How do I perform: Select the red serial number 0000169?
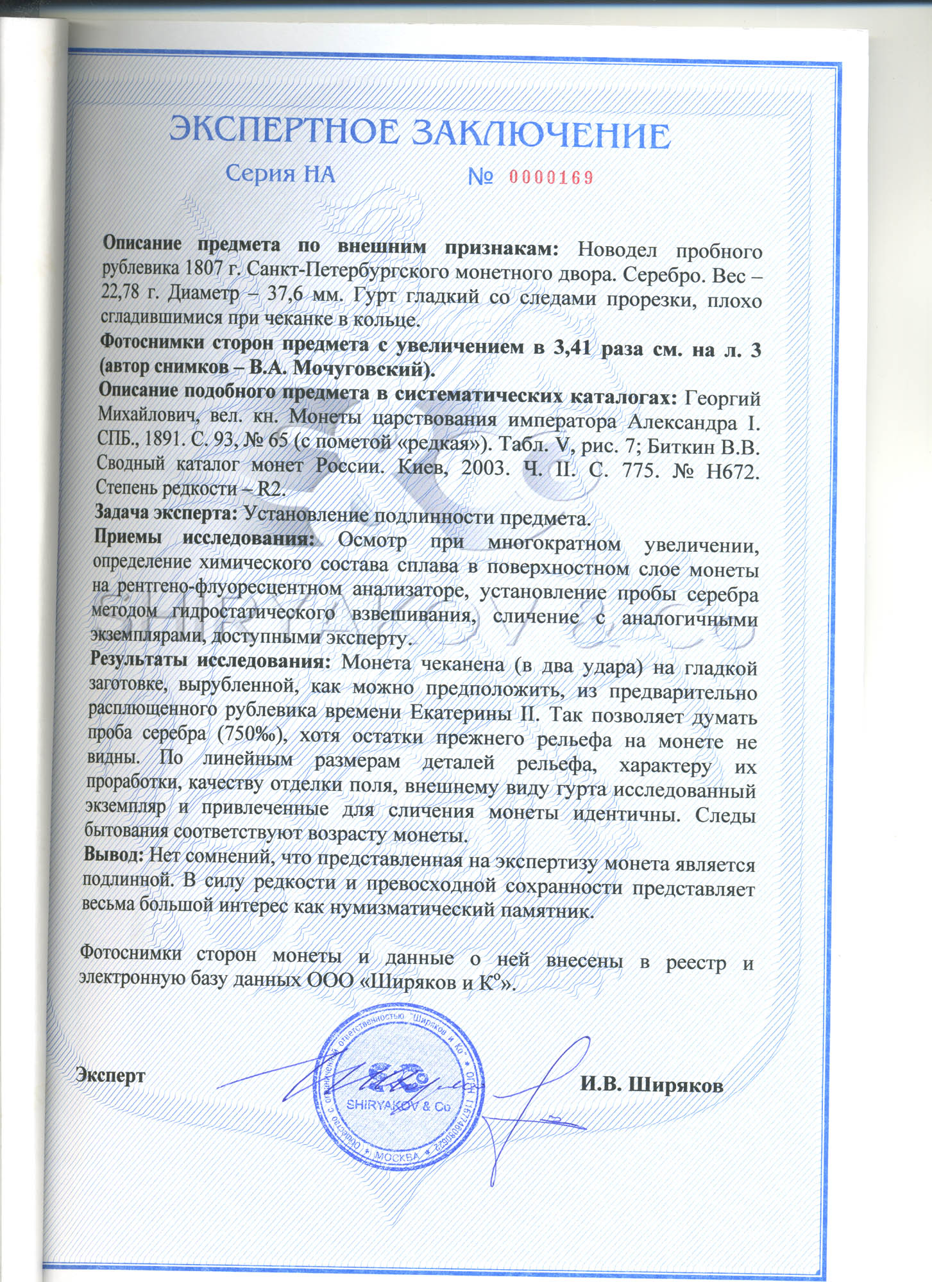tap(551, 178)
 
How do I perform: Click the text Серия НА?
tap(280, 174)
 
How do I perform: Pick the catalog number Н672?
tap(732, 473)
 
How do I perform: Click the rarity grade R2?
tap(270, 489)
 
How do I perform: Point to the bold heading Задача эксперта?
tap(166, 512)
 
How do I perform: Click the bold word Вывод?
tap(114, 855)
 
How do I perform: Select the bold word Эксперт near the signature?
tap(110, 1075)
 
